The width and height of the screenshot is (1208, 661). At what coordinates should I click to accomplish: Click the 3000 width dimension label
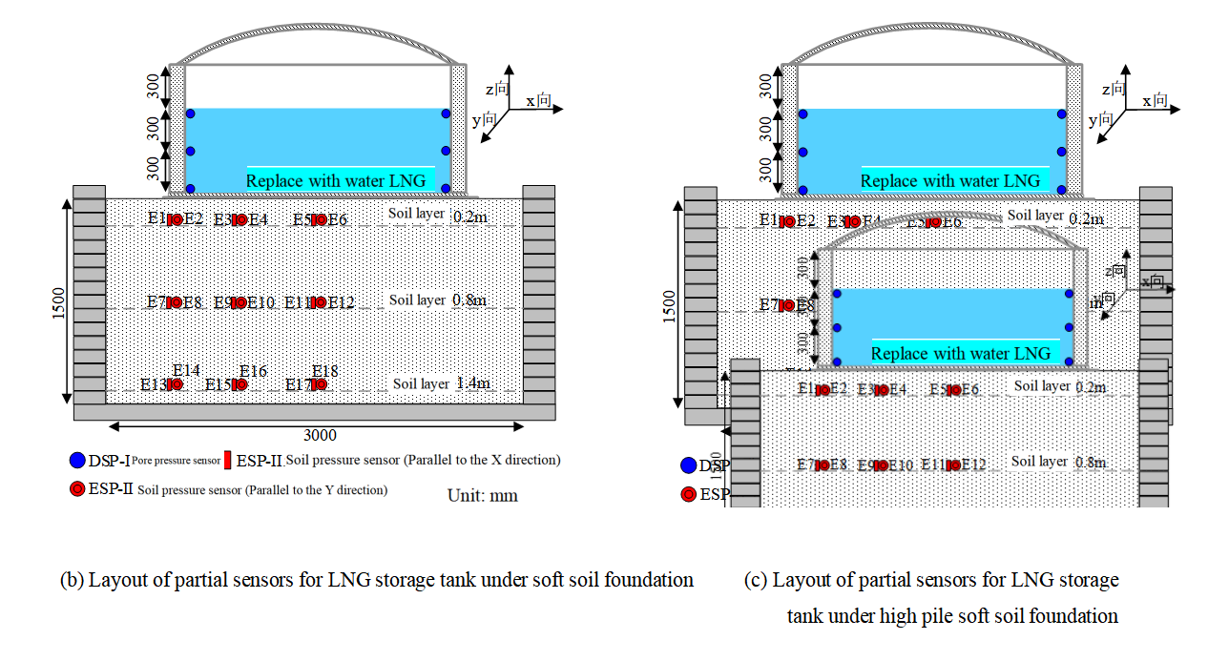(320, 436)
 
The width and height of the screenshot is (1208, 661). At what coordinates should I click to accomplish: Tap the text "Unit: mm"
(483, 496)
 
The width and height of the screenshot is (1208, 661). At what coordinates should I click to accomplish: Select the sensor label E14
(186, 370)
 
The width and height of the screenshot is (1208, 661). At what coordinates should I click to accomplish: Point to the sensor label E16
(253, 370)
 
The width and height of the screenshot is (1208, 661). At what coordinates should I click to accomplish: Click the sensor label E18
(325, 370)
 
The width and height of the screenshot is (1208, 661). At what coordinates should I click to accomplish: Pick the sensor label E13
(153, 385)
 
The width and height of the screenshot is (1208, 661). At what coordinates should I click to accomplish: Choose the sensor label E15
(218, 385)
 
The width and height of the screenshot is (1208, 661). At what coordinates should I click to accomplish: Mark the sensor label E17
(299, 385)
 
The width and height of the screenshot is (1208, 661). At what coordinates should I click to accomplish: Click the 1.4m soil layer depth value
(473, 383)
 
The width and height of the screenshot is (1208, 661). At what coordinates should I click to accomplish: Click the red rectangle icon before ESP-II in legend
(228, 460)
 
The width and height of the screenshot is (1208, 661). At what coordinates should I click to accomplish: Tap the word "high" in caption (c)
(875, 616)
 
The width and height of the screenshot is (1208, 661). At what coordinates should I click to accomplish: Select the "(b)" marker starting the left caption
(72, 580)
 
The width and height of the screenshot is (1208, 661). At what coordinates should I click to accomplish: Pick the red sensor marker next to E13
(176, 384)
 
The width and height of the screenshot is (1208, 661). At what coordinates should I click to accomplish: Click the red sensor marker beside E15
(240, 384)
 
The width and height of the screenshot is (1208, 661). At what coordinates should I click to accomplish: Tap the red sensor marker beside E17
(321, 384)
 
